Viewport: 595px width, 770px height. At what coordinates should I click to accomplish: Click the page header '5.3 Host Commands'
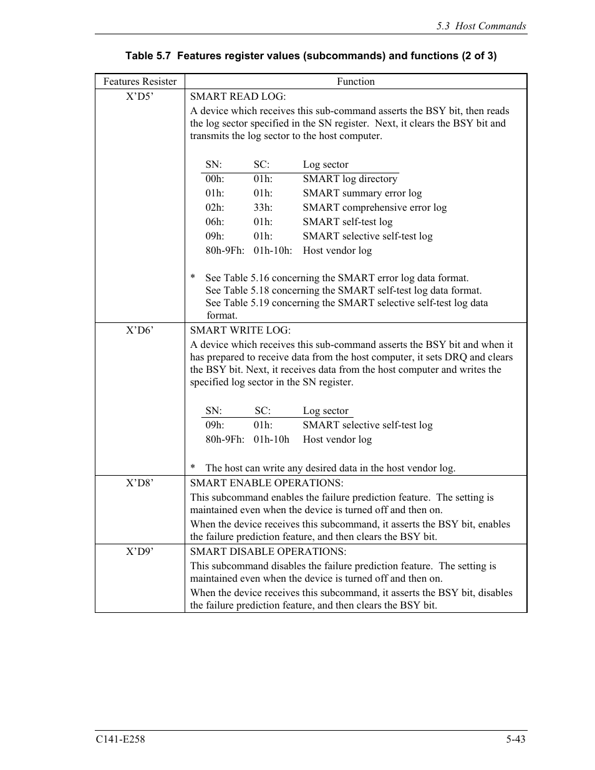481,26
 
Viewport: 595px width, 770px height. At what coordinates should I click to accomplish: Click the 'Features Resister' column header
140,82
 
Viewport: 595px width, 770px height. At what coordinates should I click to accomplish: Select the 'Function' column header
356,82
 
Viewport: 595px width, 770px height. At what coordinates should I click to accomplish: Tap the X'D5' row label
140,97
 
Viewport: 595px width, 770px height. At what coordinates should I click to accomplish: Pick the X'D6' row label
140,330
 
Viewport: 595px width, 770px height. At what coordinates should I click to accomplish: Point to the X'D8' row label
140,483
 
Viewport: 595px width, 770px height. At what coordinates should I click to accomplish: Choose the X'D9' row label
140,552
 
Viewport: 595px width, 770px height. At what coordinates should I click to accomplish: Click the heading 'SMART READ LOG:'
238,97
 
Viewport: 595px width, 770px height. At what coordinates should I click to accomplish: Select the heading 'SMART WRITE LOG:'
240,330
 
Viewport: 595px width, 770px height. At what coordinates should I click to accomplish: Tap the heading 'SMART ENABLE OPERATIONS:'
266,483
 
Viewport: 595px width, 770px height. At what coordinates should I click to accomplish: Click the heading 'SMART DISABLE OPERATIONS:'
268,552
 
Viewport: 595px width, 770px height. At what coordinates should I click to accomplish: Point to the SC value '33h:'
263,208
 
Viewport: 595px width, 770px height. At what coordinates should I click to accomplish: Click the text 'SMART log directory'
350,179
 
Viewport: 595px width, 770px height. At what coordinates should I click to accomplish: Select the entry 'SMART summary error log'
362,193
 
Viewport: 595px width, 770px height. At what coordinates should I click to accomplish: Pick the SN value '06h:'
215,222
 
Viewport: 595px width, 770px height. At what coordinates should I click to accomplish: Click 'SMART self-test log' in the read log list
347,222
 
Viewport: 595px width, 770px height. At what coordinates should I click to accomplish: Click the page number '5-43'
516,739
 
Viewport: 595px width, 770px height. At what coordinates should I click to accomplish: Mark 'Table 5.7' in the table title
148,56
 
